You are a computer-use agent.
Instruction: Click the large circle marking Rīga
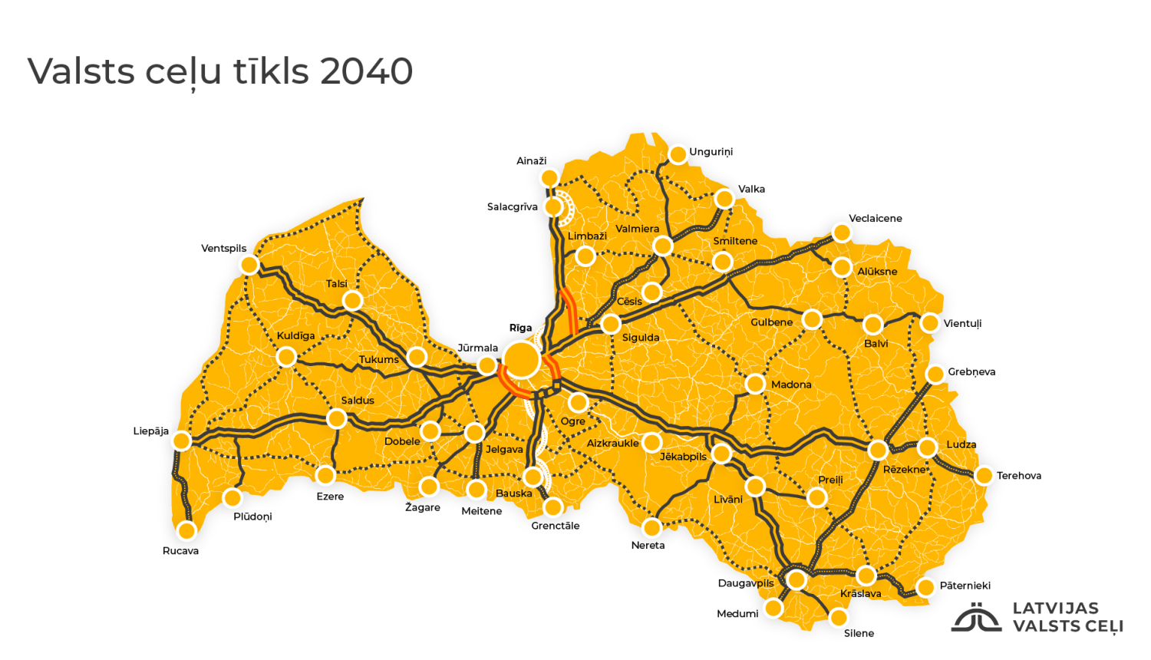[x=522, y=359]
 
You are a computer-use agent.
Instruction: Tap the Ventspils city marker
[x=249, y=266]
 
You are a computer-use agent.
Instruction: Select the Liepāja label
[x=150, y=431]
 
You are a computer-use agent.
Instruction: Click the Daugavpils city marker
[x=796, y=579]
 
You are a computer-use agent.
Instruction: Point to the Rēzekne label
[x=904, y=470]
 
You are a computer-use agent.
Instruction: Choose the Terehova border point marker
[x=984, y=476]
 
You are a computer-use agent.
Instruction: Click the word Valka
[x=751, y=189]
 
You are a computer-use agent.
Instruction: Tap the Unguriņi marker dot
[x=678, y=155]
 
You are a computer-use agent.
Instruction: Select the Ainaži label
[x=531, y=161]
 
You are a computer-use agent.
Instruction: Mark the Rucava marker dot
[x=186, y=530]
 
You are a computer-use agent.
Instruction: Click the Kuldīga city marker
[x=286, y=357]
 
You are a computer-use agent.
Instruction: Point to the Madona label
[x=791, y=384]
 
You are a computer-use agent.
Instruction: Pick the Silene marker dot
[x=839, y=617]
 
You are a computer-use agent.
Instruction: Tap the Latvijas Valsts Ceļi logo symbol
[x=976, y=618]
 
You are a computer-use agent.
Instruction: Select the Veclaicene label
[x=875, y=219]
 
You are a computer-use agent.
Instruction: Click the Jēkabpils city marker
[x=721, y=454]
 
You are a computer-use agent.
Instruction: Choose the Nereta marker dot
[x=651, y=527]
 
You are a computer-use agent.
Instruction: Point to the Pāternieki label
[x=965, y=586]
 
